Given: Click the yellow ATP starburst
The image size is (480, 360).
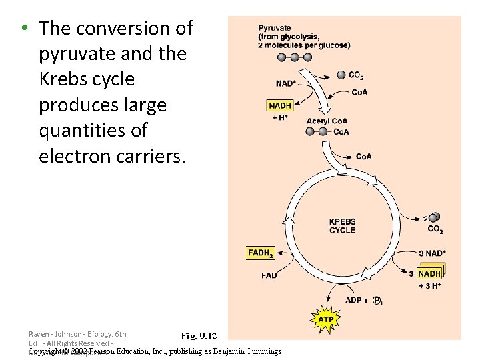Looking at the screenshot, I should [325, 319].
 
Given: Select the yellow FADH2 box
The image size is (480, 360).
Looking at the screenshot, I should [259, 253].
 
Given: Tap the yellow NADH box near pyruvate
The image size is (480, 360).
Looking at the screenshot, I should [280, 105].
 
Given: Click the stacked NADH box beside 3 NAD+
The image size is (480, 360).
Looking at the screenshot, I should [429, 273].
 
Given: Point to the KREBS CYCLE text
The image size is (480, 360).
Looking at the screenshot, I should [342, 226].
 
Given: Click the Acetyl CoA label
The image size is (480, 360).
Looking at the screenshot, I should [327, 121].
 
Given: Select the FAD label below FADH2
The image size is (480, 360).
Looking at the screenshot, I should [269, 275].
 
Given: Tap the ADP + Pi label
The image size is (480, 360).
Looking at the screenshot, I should [363, 300].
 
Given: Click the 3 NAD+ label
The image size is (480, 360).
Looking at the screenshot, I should [433, 253].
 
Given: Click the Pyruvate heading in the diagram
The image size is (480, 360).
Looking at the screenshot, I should [275, 28].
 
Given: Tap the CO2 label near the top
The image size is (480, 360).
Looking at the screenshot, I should [356, 75].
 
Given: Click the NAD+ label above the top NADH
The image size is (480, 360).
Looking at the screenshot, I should [286, 83].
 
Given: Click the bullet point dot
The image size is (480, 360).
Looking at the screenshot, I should [23, 29].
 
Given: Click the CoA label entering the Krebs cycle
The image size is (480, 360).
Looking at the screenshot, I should [364, 157].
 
